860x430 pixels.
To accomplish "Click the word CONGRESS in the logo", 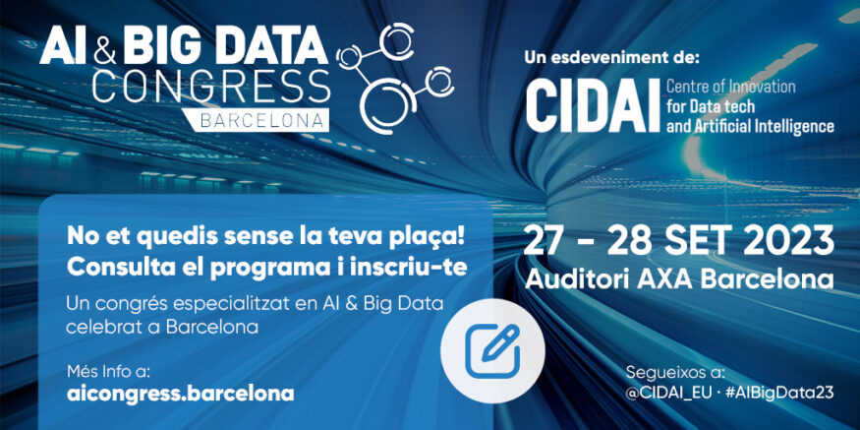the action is coord(211,86).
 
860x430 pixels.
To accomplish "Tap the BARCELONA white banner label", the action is coord(254,120).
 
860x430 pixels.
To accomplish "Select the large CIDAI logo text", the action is coord(593,107).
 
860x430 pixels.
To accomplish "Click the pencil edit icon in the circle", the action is coord(492,351).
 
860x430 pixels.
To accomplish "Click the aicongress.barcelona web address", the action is coord(181,394).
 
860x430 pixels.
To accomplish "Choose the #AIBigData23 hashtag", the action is coord(777,393).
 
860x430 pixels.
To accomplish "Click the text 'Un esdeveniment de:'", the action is coord(612,58).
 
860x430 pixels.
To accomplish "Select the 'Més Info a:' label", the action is coord(107,371).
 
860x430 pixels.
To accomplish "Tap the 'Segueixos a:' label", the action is coord(675,373).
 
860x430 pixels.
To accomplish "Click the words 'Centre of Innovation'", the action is coord(730,87).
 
